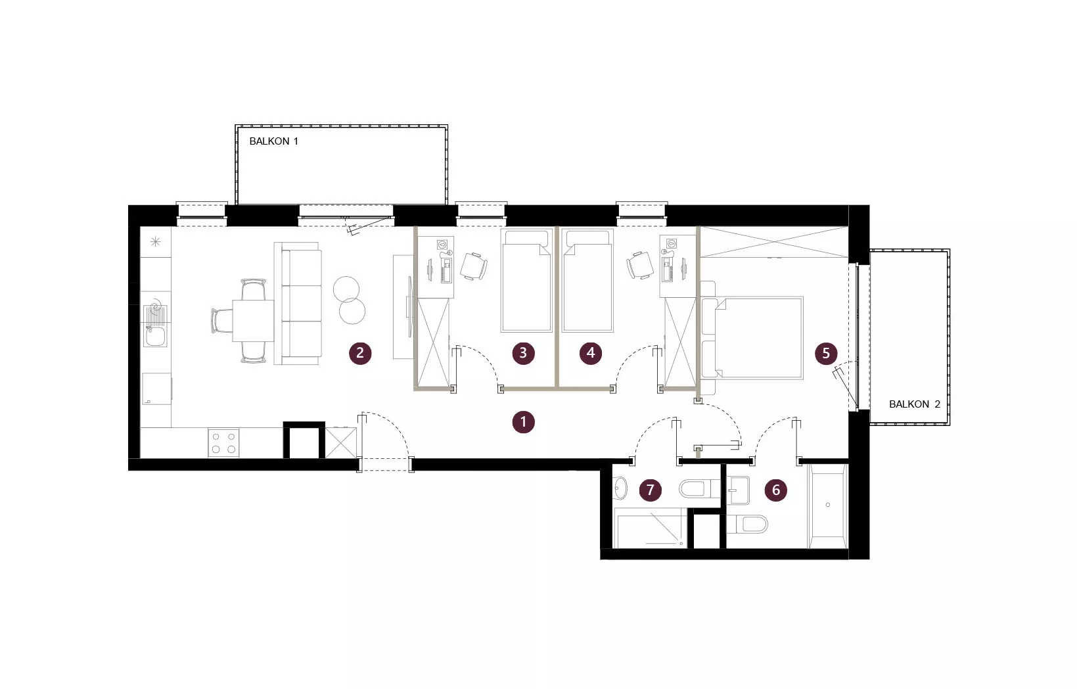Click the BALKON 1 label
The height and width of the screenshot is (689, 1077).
[273, 141]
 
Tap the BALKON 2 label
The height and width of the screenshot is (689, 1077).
[915, 404]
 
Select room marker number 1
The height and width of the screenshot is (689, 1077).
[523, 422]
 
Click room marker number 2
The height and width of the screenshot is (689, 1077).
[360, 354]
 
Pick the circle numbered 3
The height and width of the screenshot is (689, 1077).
[523, 353]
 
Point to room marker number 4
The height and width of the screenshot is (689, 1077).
[591, 353]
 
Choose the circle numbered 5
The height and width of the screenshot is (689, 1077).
[826, 354]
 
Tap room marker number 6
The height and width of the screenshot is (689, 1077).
[775, 490]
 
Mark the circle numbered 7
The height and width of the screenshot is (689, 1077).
[650, 490]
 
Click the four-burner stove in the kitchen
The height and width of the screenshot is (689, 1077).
[223, 442]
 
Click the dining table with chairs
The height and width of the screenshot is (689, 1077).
[245, 321]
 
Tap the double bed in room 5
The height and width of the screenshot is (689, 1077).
[752, 338]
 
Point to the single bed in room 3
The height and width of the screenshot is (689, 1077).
[526, 281]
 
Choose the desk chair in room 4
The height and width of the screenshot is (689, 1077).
[639, 265]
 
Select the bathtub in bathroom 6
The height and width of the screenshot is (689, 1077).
[828, 506]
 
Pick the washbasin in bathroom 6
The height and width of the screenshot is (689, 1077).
[738, 490]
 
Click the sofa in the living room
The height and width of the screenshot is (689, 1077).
[298, 304]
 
